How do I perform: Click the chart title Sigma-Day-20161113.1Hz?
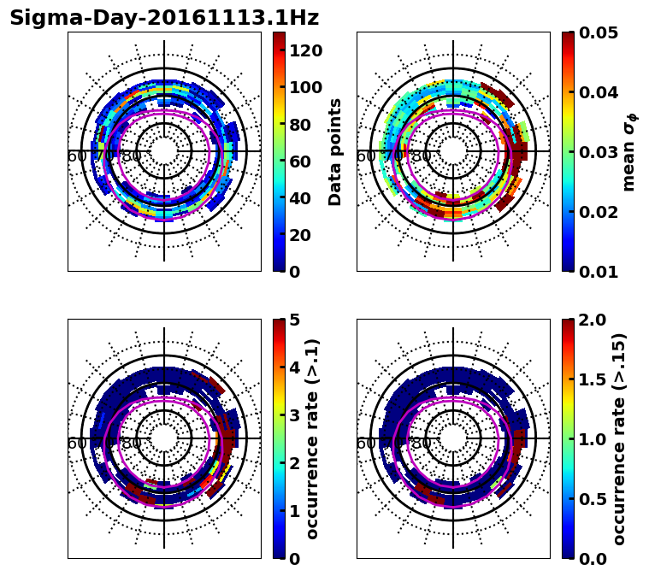(164, 18)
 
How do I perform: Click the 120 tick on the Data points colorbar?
(305, 50)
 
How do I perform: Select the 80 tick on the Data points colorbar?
(300, 124)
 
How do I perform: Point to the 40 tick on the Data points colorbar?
(300, 197)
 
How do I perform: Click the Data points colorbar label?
(335, 152)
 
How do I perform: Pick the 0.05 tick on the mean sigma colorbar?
(598, 32)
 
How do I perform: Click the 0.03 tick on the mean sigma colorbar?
(598, 152)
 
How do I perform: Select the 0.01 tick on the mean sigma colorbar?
(598, 272)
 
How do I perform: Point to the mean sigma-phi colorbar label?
(628, 152)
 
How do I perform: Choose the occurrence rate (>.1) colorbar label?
(313, 439)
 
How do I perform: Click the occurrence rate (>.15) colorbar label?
(620, 439)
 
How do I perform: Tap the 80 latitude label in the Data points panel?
(132, 156)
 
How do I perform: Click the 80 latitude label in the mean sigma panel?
(421, 156)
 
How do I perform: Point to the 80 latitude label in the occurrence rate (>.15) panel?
(421, 444)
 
